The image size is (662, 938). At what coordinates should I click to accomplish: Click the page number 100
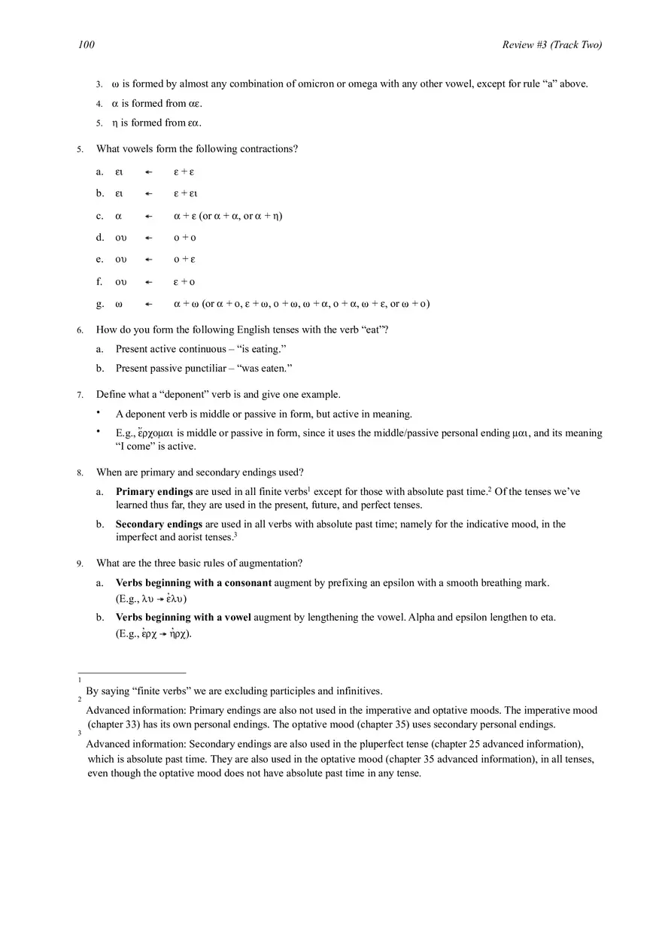(87, 45)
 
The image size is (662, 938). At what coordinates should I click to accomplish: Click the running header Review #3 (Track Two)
(551, 45)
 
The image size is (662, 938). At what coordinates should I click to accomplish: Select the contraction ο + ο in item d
(184, 238)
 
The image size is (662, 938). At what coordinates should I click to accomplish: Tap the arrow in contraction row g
(149, 304)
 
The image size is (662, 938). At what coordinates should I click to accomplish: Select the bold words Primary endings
(154, 492)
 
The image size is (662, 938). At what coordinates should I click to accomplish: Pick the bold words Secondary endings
(159, 524)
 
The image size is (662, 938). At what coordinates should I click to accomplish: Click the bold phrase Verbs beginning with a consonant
(193, 583)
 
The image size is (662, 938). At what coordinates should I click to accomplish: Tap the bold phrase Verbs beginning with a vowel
(183, 618)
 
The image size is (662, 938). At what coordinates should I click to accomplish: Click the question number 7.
(80, 395)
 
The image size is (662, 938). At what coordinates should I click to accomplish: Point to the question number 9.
(80, 563)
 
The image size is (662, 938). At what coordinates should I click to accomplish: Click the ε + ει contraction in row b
(186, 194)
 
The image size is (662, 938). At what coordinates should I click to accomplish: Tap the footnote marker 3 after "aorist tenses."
(235, 535)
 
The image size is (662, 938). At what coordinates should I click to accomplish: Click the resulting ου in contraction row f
(121, 282)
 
